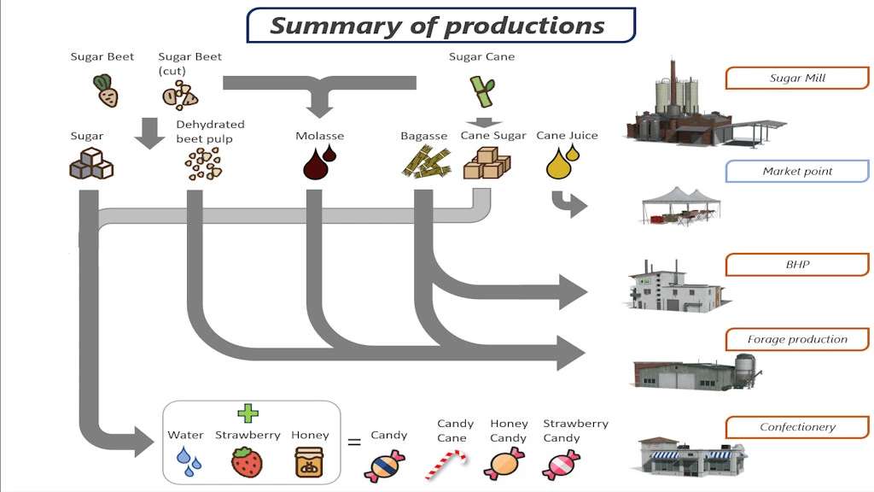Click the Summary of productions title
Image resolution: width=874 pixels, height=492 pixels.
point(440,26)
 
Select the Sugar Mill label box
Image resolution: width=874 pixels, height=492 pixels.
point(796,79)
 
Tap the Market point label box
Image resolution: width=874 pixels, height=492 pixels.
point(796,172)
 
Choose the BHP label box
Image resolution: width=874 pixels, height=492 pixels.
point(796,265)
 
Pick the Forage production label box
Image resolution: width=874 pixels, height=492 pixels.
point(796,339)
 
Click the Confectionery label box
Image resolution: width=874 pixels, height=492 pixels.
point(796,427)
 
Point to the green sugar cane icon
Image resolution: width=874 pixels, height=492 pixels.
point(482,88)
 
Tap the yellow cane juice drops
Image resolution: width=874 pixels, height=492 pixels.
point(562,161)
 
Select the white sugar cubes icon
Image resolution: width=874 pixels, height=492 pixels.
point(90,162)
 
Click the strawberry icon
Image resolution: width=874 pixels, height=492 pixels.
point(247,462)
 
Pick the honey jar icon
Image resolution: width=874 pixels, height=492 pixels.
point(309,462)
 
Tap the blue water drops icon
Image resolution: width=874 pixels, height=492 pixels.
point(189,462)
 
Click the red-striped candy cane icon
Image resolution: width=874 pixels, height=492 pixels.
point(447,465)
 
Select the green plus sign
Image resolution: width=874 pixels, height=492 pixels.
point(248,413)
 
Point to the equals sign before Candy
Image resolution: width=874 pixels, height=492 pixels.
point(353,442)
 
